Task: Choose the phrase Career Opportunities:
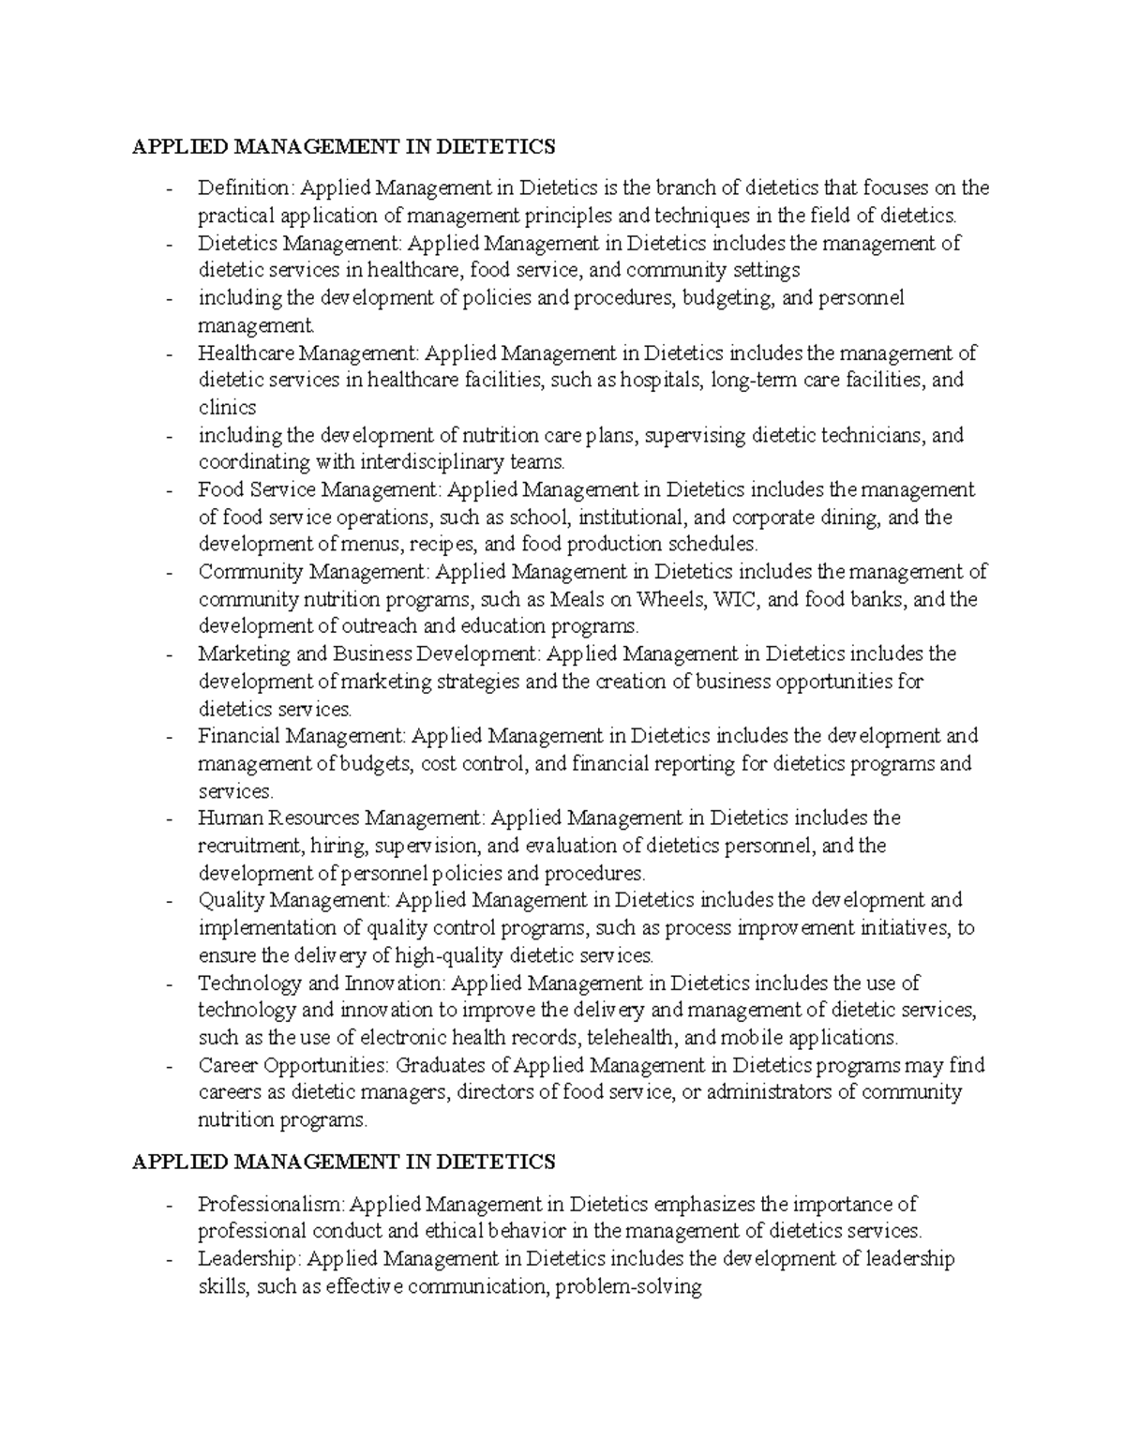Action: click(293, 1066)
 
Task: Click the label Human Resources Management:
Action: click(341, 818)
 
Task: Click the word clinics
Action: click(227, 408)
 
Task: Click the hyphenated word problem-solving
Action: click(628, 1287)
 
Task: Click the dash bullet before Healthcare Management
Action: click(169, 353)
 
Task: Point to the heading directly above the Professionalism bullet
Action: click(344, 1163)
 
